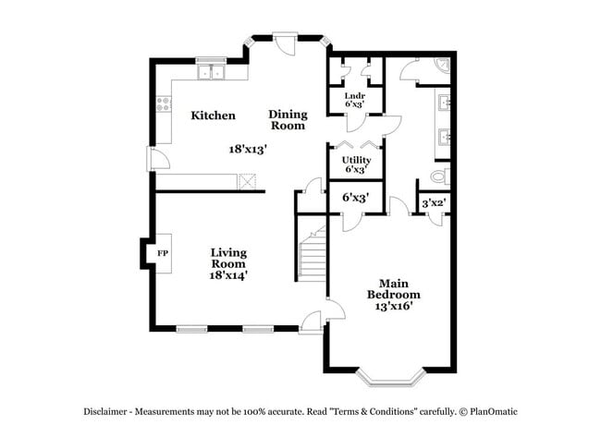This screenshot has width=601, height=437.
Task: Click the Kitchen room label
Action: coord(213,115)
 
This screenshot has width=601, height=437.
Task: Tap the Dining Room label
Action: coord(288,120)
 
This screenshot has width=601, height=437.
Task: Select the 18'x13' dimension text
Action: coord(249,148)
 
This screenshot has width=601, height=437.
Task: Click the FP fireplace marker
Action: coord(163,253)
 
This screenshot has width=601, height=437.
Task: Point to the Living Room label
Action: coord(228,257)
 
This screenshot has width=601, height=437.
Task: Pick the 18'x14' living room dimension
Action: coord(228,274)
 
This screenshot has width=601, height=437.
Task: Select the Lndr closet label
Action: coord(354,95)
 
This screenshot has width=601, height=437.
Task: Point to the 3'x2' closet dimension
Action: coord(434,203)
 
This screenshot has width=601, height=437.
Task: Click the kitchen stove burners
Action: coord(164,103)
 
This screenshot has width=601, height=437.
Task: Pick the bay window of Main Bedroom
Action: coord(389,375)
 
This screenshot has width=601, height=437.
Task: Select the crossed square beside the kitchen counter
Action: coord(247,181)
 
